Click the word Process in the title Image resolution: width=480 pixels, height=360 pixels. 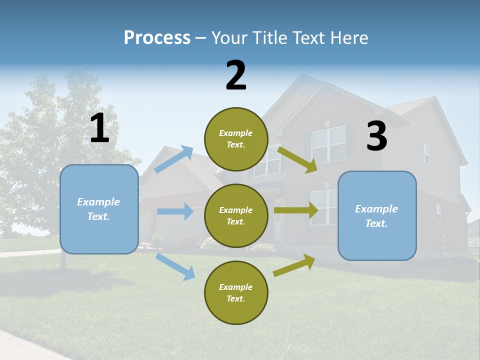(157, 37)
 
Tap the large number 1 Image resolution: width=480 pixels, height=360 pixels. (99, 128)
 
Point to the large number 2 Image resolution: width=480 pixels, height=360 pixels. (236, 75)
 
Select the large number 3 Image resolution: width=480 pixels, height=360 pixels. (376, 136)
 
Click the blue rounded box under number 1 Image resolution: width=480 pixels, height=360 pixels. (99, 209)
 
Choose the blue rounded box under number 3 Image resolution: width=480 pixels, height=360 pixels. (377, 216)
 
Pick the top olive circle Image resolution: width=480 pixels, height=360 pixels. (236, 139)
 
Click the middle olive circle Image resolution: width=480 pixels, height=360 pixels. (236, 215)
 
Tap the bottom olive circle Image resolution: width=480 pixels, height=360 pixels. (236, 292)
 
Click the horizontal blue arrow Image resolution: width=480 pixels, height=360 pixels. (175, 211)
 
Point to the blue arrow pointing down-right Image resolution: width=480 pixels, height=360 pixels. (175, 266)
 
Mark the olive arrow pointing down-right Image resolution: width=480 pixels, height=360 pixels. (297, 159)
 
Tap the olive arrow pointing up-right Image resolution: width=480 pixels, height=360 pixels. (294, 265)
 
